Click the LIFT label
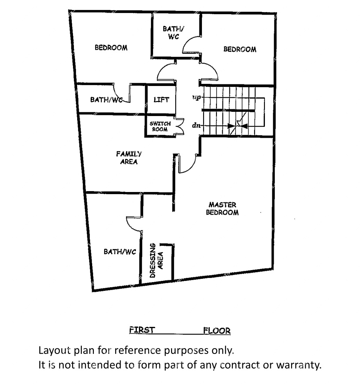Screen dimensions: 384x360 [x=161, y=100]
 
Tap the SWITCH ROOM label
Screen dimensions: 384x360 [x=160, y=126]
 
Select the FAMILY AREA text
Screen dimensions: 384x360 [x=128, y=158]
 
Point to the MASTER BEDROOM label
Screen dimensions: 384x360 [x=222, y=209]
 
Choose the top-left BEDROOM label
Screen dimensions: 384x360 [x=111, y=48]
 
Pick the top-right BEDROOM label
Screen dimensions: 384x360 [x=239, y=49]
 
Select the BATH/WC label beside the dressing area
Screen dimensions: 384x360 [x=120, y=252]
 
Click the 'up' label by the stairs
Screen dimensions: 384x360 [x=196, y=97]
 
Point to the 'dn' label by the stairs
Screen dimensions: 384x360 [x=196, y=125]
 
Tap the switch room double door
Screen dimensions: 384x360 [x=180, y=127]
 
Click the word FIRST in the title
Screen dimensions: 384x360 [x=142, y=330]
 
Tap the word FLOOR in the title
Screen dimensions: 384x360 [x=217, y=331]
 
